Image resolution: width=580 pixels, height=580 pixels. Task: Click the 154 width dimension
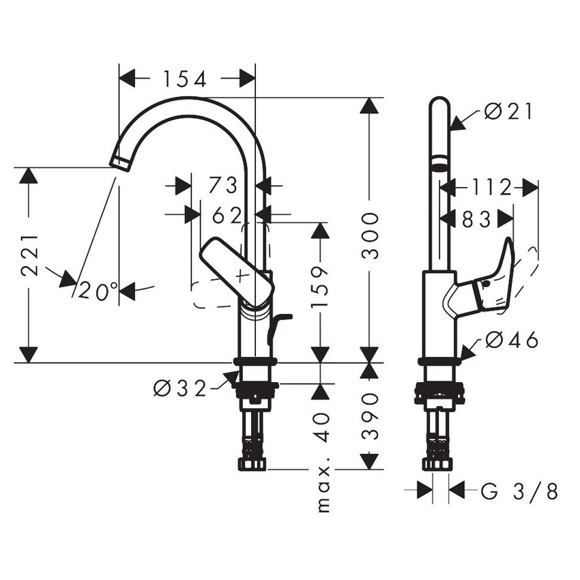click(x=184, y=79)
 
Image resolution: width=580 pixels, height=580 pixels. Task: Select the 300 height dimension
click(x=370, y=235)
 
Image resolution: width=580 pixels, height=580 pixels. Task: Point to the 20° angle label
click(x=98, y=291)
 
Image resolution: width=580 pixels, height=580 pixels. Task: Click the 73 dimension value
click(x=223, y=185)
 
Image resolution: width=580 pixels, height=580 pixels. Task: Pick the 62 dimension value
click(x=227, y=216)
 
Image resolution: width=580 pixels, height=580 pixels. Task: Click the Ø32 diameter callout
click(x=179, y=389)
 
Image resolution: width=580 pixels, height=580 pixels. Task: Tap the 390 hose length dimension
click(x=370, y=416)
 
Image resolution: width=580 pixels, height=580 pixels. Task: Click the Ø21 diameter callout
click(x=508, y=111)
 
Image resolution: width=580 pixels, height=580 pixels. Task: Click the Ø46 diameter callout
click(x=512, y=339)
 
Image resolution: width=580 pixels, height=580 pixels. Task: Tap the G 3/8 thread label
click(x=519, y=491)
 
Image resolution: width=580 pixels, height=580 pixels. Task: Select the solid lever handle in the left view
click(x=236, y=269)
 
